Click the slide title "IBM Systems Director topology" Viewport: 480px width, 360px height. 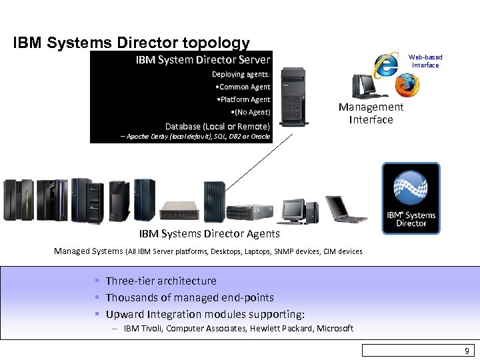(x=131, y=43)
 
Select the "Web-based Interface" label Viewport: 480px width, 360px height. (x=425, y=61)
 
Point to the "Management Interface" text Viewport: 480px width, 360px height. (x=371, y=113)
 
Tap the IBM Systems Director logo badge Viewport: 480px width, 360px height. (x=411, y=198)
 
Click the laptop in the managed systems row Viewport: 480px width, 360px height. (x=345, y=209)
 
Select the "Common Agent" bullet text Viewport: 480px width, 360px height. (x=244, y=87)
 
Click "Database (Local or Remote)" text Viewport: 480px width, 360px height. (x=217, y=126)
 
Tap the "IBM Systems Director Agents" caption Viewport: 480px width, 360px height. (x=209, y=234)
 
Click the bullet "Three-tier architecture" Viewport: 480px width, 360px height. (x=161, y=281)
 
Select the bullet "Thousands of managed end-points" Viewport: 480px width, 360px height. (x=189, y=297)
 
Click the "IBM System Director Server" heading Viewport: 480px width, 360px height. (x=203, y=60)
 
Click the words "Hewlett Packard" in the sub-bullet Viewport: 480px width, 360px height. (x=281, y=328)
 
